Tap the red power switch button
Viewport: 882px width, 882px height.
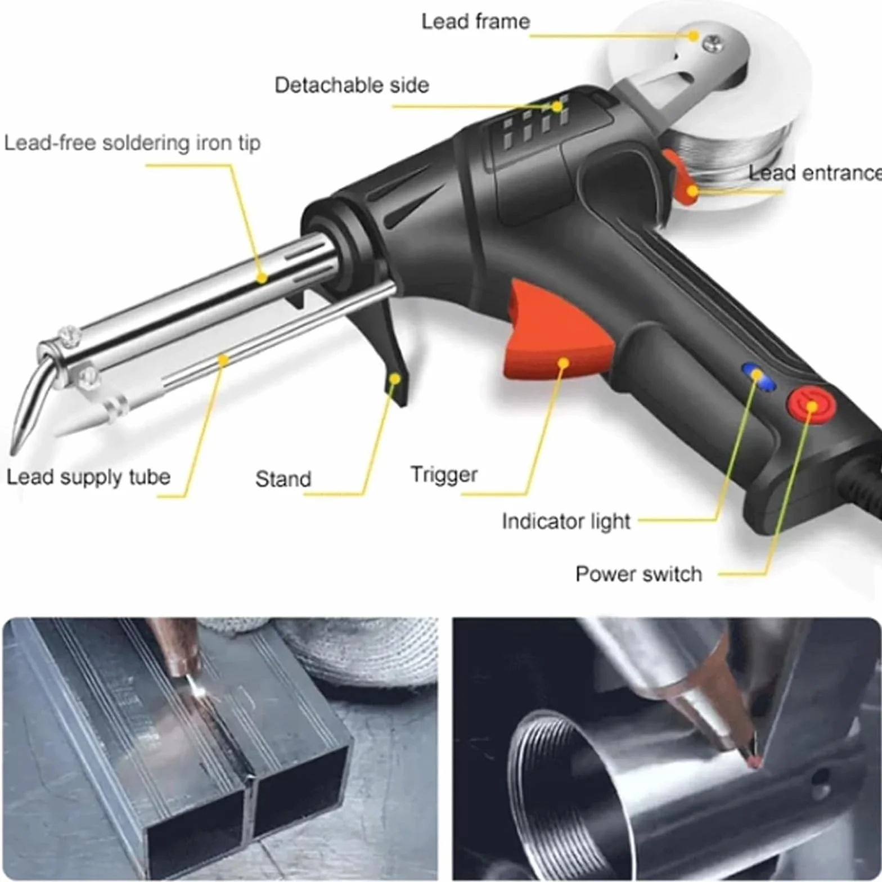(x=811, y=404)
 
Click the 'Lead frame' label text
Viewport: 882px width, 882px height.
(x=475, y=21)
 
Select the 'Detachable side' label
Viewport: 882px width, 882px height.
(x=352, y=85)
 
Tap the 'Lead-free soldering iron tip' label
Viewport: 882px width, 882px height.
(x=132, y=143)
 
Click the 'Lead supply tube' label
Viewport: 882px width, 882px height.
(x=88, y=477)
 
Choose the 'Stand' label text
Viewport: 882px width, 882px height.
(x=283, y=479)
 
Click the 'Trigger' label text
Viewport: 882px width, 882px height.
(x=444, y=475)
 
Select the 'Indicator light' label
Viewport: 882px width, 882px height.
(x=566, y=521)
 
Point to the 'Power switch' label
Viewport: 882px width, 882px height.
(x=638, y=574)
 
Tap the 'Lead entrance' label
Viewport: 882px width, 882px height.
(x=815, y=173)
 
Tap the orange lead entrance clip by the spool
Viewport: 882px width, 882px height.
(x=682, y=178)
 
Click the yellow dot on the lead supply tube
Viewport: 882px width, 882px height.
(x=223, y=360)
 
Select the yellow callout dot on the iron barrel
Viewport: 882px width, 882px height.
(x=262, y=278)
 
